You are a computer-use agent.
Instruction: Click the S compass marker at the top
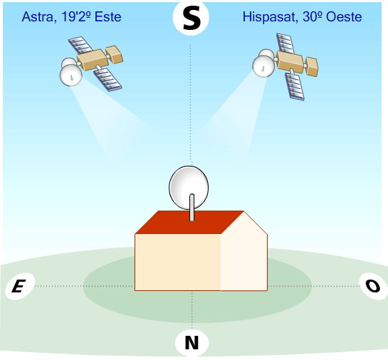tap(191, 18)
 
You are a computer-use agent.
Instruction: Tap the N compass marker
tap(192, 343)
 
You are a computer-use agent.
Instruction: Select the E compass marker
tap(20, 286)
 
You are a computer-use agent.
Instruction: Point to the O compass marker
tap(373, 286)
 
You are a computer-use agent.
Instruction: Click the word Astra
tap(37, 17)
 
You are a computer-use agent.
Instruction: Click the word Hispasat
tap(271, 17)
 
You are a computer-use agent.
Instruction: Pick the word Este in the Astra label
tap(108, 17)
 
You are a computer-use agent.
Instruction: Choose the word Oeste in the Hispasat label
tap(344, 17)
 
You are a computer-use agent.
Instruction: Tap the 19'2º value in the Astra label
tap(76, 17)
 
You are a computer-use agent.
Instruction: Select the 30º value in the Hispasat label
tap(313, 17)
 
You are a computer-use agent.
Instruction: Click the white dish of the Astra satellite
tap(70, 76)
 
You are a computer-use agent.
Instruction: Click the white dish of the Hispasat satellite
tap(263, 66)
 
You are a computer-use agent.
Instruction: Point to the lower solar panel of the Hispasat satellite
tap(295, 85)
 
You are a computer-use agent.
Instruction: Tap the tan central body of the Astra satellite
tap(93, 60)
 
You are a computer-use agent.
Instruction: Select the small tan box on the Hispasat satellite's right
tap(312, 66)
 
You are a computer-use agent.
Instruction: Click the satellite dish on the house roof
tap(189, 187)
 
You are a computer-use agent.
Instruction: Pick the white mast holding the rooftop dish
tap(192, 207)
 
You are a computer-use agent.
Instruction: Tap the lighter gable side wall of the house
tap(243, 255)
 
